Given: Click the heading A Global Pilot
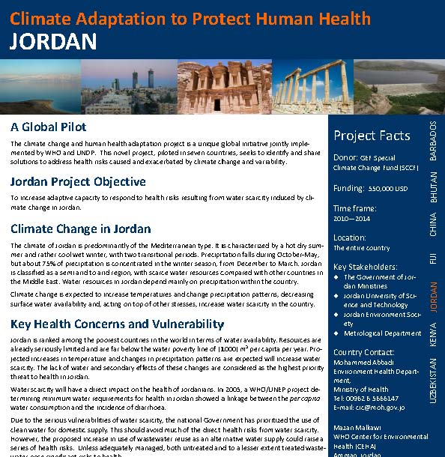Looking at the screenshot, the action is point(49,127).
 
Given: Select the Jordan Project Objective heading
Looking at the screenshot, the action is point(78,182).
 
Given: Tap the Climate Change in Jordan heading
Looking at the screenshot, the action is point(81,229).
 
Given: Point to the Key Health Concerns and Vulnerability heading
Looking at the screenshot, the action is point(117,324).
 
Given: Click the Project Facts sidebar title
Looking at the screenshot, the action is point(372,136).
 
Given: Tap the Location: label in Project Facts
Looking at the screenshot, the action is point(350,237).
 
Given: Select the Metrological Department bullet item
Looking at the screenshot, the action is point(382,333).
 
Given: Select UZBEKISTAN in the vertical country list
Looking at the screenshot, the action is point(433,380).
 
